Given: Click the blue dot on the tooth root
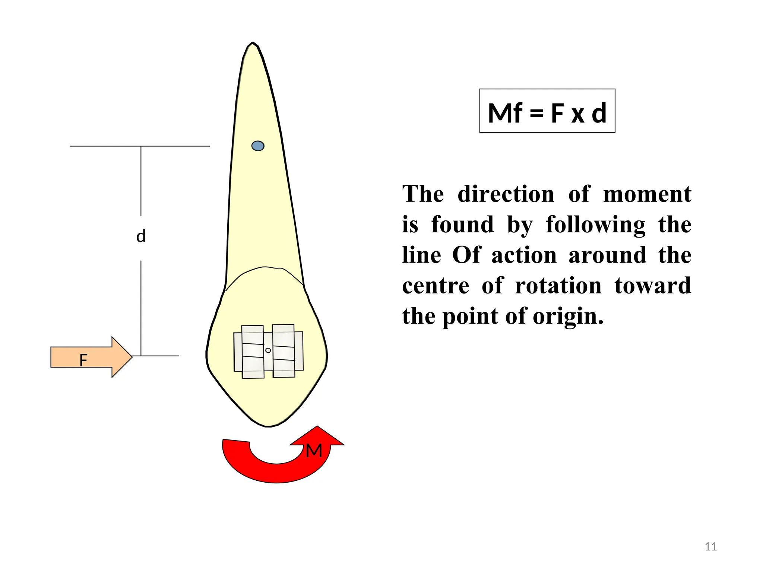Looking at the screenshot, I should point(258,146).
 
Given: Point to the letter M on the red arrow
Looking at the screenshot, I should point(314,451).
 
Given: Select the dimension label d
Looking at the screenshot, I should point(141,236).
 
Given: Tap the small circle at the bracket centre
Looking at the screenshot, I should point(268,350).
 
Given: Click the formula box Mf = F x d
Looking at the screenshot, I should point(547,111).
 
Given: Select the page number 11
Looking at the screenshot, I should point(711,547).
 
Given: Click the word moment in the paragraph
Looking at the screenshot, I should point(647,194).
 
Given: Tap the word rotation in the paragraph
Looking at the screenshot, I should point(558,286).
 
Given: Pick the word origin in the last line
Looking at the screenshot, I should point(568,317).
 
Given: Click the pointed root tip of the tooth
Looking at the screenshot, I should point(253,44).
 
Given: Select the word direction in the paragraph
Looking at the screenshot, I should point(506,194).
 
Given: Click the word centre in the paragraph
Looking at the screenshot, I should point(436,286).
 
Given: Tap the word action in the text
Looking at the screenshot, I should point(524,255).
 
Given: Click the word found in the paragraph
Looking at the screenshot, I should point(462,225).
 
